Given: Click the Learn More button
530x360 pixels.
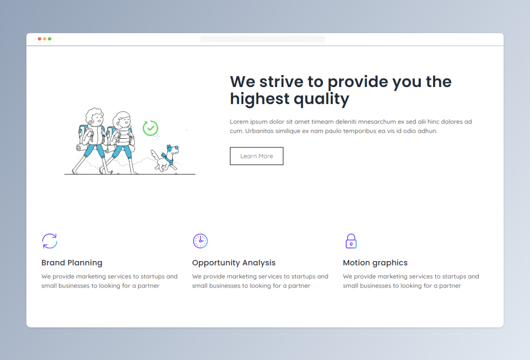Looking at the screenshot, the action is (x=257, y=156).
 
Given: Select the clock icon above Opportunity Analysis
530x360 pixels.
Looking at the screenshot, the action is (x=200, y=241).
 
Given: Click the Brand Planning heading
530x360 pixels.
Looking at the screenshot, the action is (x=71, y=263).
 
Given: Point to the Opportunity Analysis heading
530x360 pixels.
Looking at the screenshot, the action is (x=233, y=263).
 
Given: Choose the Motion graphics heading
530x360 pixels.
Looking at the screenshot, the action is (x=375, y=263).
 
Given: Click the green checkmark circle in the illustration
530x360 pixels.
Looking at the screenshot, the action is (x=151, y=128).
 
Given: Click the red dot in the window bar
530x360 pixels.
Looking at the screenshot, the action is (x=39, y=39).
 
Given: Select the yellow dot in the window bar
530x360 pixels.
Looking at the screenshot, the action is (x=45, y=39).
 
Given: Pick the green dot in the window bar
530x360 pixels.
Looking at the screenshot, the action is (x=50, y=39).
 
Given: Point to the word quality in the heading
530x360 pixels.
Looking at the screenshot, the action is (x=321, y=99).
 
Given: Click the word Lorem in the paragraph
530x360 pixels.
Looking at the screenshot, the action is (x=239, y=121).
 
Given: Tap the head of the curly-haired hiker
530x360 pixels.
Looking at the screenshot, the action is (x=94, y=117).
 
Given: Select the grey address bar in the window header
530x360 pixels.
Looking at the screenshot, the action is (x=262, y=39).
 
